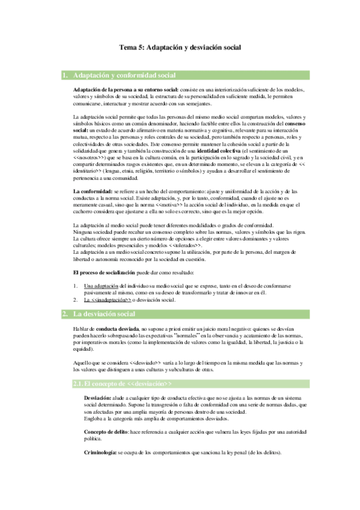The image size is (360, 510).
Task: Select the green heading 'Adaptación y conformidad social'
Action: (x=124, y=76)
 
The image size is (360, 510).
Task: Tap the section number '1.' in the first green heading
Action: (x=66, y=76)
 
